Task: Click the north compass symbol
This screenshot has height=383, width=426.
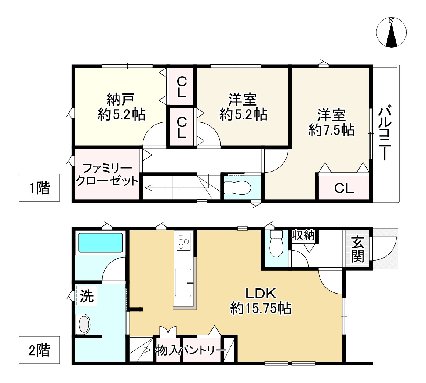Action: tap(392, 33)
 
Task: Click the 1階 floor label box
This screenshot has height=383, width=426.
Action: tap(39, 188)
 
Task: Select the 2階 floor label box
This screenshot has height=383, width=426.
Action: tap(39, 350)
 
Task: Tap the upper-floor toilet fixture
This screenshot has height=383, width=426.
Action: tap(237, 188)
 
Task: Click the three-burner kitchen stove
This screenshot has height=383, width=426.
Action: tap(183, 242)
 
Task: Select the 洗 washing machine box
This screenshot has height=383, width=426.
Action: tap(87, 295)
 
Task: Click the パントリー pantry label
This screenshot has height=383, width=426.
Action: tap(204, 351)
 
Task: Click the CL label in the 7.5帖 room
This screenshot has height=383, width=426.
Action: tap(344, 189)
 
